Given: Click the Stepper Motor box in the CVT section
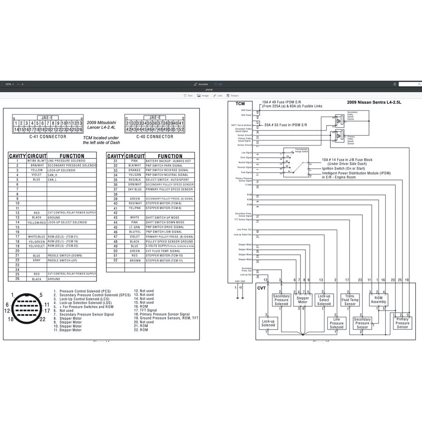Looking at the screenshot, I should (302, 300).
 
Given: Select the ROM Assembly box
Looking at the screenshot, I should (378, 300).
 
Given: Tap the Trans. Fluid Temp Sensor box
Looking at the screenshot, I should (350, 300).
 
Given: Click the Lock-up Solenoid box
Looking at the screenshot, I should (268, 322).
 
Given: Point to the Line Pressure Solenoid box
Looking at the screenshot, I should (336, 323).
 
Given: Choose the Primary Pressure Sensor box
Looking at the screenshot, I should (403, 323).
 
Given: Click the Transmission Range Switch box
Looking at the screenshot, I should (295, 162).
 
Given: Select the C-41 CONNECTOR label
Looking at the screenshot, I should (48, 136).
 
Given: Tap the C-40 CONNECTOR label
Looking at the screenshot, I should (155, 136).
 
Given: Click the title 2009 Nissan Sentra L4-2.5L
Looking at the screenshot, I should (374, 103).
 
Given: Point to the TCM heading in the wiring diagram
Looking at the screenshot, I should (240, 104).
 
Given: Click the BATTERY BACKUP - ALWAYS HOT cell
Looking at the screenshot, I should (169, 161).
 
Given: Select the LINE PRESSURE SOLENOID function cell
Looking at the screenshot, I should (72, 161).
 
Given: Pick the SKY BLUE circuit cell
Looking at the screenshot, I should (135, 189).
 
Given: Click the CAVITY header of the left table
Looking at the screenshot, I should (17, 156).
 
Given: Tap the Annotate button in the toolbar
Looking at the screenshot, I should (201, 84).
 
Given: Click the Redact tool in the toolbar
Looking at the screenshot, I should (233, 96).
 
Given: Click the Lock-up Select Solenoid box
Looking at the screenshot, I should (324, 300).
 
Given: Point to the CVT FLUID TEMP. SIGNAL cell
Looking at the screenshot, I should (169, 251).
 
